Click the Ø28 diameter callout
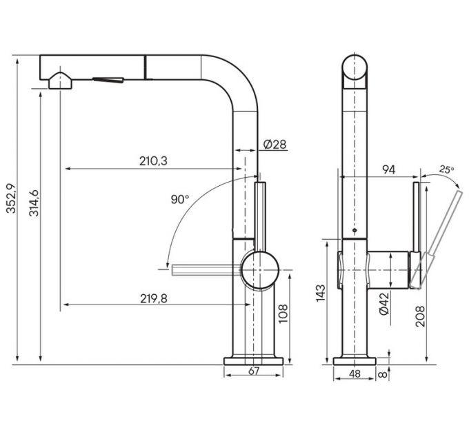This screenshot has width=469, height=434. [x=275, y=144]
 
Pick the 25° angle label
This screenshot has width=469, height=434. [x=447, y=169]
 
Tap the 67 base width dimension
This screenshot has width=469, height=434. [x=253, y=373]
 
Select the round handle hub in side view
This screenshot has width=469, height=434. [x=260, y=269]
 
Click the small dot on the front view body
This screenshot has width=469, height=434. [x=354, y=231]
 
